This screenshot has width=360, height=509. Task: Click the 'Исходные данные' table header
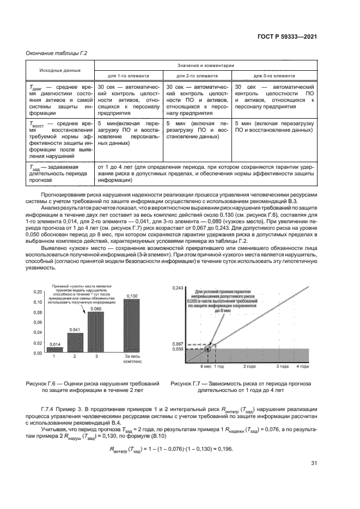[x=60, y=70]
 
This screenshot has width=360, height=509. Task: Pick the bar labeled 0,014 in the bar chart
[x=54, y=349]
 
